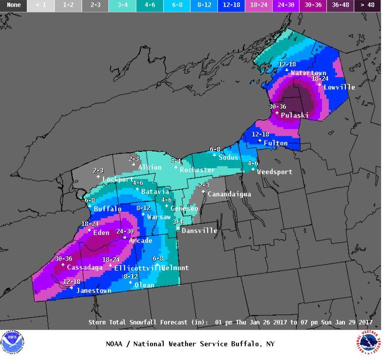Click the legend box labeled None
[14, 5]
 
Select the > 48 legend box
[367, 5]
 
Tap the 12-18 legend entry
[232, 5]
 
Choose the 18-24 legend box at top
[258, 5]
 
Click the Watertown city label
[308, 73]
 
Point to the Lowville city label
[339, 87]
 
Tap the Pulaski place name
[295, 116]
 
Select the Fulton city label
[276, 144]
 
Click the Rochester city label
[197, 170]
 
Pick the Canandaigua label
[229, 194]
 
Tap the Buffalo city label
[107, 209]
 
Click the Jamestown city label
[93, 291]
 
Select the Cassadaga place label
[85, 268]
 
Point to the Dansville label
[199, 231]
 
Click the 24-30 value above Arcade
[125, 232]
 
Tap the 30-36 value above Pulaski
[277, 107]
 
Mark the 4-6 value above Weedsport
[253, 163]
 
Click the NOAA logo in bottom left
[12, 342]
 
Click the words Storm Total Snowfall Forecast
[145, 322]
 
